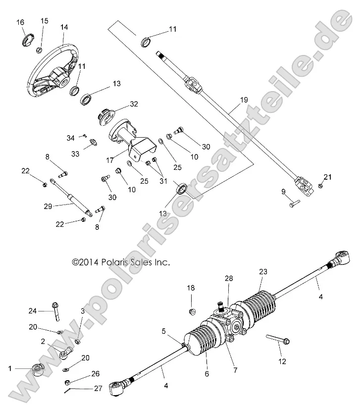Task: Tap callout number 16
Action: (x=20, y=22)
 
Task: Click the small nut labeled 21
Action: (x=320, y=186)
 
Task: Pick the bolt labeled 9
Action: (x=293, y=204)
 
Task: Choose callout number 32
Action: (x=134, y=104)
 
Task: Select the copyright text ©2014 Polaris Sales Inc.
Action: (x=121, y=262)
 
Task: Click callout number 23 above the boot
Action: (x=262, y=271)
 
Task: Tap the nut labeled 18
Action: (x=193, y=312)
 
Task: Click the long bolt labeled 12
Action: (x=278, y=340)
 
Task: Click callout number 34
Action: (x=70, y=137)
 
